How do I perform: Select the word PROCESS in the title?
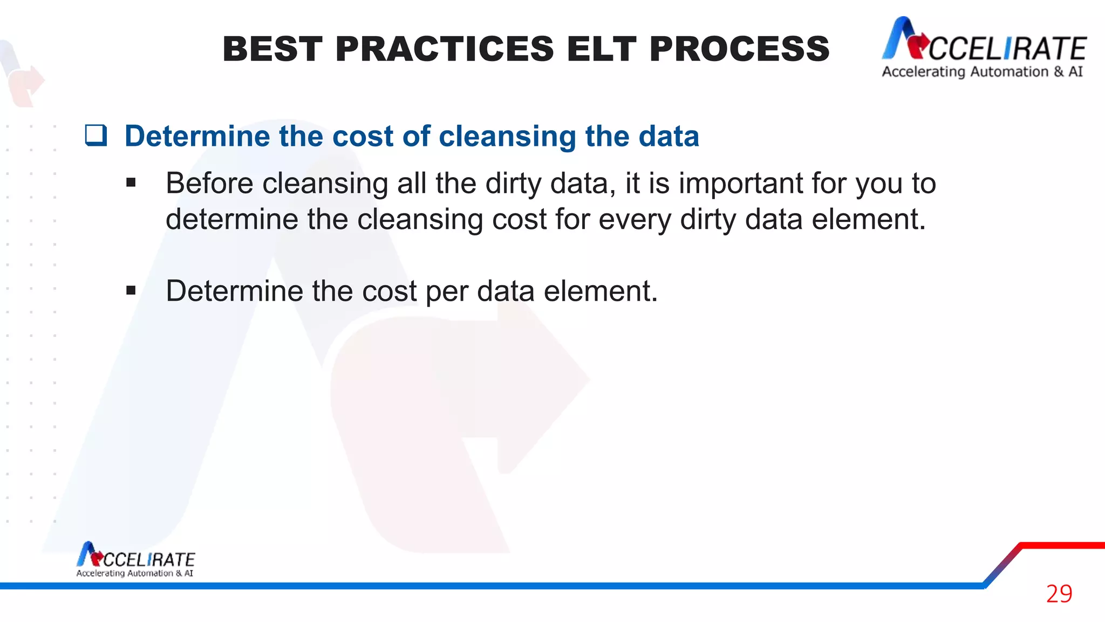739,49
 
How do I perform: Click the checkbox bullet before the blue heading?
96,135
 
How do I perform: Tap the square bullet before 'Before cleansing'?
131,183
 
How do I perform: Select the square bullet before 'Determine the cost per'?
131,291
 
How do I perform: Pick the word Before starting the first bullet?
209,184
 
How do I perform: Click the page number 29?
1059,594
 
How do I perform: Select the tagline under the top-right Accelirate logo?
982,72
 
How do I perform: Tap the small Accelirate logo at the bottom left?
135,560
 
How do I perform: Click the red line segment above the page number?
1062,545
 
